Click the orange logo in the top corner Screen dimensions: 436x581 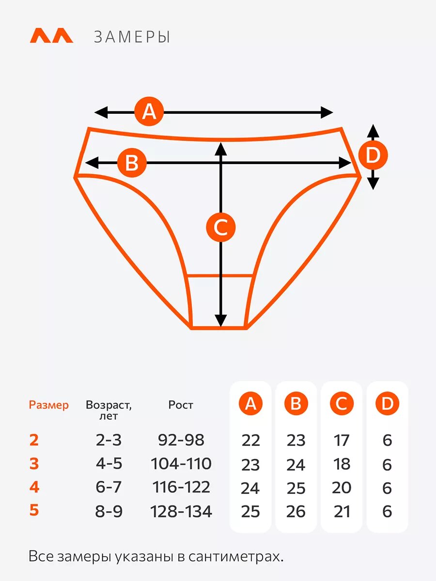click(51, 36)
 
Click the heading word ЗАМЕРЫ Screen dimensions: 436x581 click(132, 37)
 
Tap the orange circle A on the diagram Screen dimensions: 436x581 click(150, 112)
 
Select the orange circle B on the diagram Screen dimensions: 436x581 click(132, 163)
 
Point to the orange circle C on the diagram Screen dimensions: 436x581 click(221, 227)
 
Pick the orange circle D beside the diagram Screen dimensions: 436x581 click(373, 156)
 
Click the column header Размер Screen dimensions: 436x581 click(49, 405)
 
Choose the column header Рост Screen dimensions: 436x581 click(181, 405)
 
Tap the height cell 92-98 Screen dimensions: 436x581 click(181, 440)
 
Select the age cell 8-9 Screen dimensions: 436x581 click(109, 511)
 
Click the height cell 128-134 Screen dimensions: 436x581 click(181, 511)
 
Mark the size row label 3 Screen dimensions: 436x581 click(34, 464)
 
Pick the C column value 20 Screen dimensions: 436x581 click(342, 488)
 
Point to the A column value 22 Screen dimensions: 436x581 click(250, 441)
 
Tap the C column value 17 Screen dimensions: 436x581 click(342, 441)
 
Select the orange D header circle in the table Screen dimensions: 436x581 click(387, 404)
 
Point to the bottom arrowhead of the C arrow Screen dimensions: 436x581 click(221, 321)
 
